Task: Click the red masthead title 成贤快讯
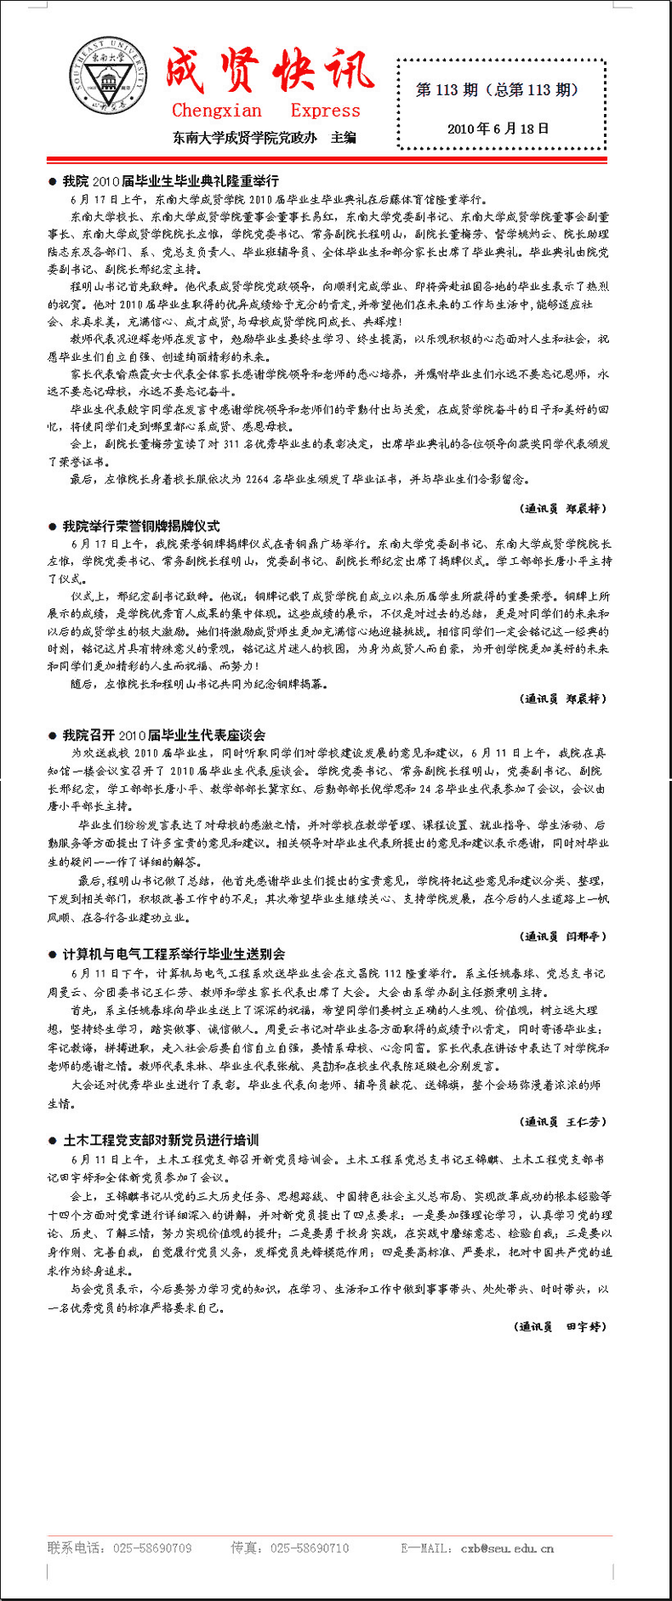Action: (269, 71)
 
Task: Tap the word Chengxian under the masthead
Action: (217, 111)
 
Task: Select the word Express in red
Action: (325, 111)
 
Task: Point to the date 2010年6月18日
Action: (498, 129)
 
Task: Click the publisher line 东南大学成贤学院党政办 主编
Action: (265, 138)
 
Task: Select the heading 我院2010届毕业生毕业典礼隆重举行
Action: (170, 181)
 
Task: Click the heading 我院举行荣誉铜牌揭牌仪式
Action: (140, 526)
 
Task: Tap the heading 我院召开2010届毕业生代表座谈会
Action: (163, 735)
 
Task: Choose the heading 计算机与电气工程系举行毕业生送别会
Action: (174, 954)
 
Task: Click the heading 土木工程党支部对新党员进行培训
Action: (161, 1140)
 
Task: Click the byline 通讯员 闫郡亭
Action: (563, 936)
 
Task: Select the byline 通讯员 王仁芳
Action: (563, 1121)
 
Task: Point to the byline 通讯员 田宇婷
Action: (561, 1326)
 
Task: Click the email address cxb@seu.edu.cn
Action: (507, 1548)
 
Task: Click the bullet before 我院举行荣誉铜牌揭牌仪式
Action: (53, 527)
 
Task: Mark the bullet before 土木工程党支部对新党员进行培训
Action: (53, 1141)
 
